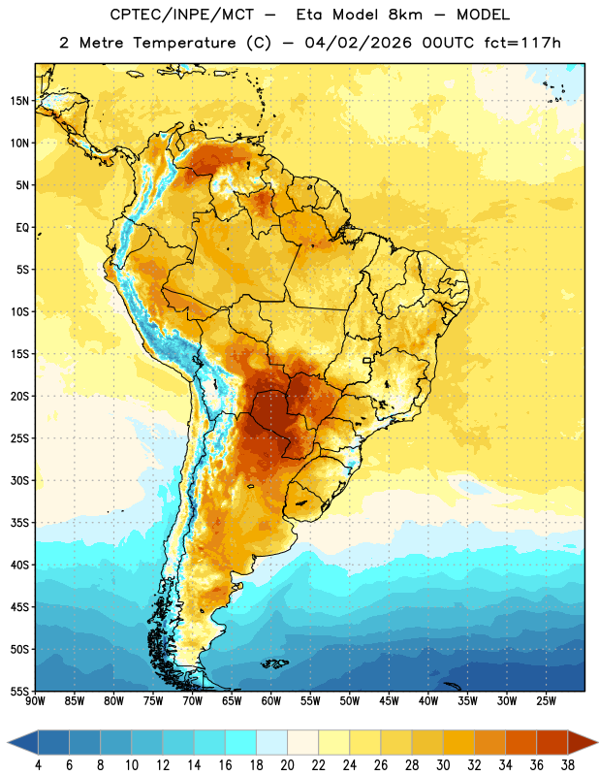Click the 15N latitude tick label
pyautogui.click(x=19, y=101)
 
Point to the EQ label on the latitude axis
pyautogui.click(x=22, y=228)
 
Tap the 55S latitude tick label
pyautogui.click(x=19, y=691)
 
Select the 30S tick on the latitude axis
pyautogui.click(x=19, y=480)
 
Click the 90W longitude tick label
pyautogui.click(x=35, y=701)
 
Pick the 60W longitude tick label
pyautogui.click(x=271, y=701)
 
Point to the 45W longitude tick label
pyautogui.click(x=389, y=701)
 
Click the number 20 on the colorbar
pyautogui.click(x=287, y=765)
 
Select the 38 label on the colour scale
pyautogui.click(x=568, y=765)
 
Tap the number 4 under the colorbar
pyautogui.click(x=38, y=765)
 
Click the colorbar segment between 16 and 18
pyautogui.click(x=240, y=743)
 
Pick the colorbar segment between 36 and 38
pyautogui.click(x=552, y=743)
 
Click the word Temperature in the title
pyautogui.click(x=184, y=43)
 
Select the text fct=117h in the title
pyautogui.click(x=522, y=43)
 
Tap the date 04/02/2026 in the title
pyautogui.click(x=358, y=43)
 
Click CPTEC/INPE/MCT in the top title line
pyautogui.click(x=182, y=15)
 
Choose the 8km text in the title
pyautogui.click(x=405, y=15)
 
